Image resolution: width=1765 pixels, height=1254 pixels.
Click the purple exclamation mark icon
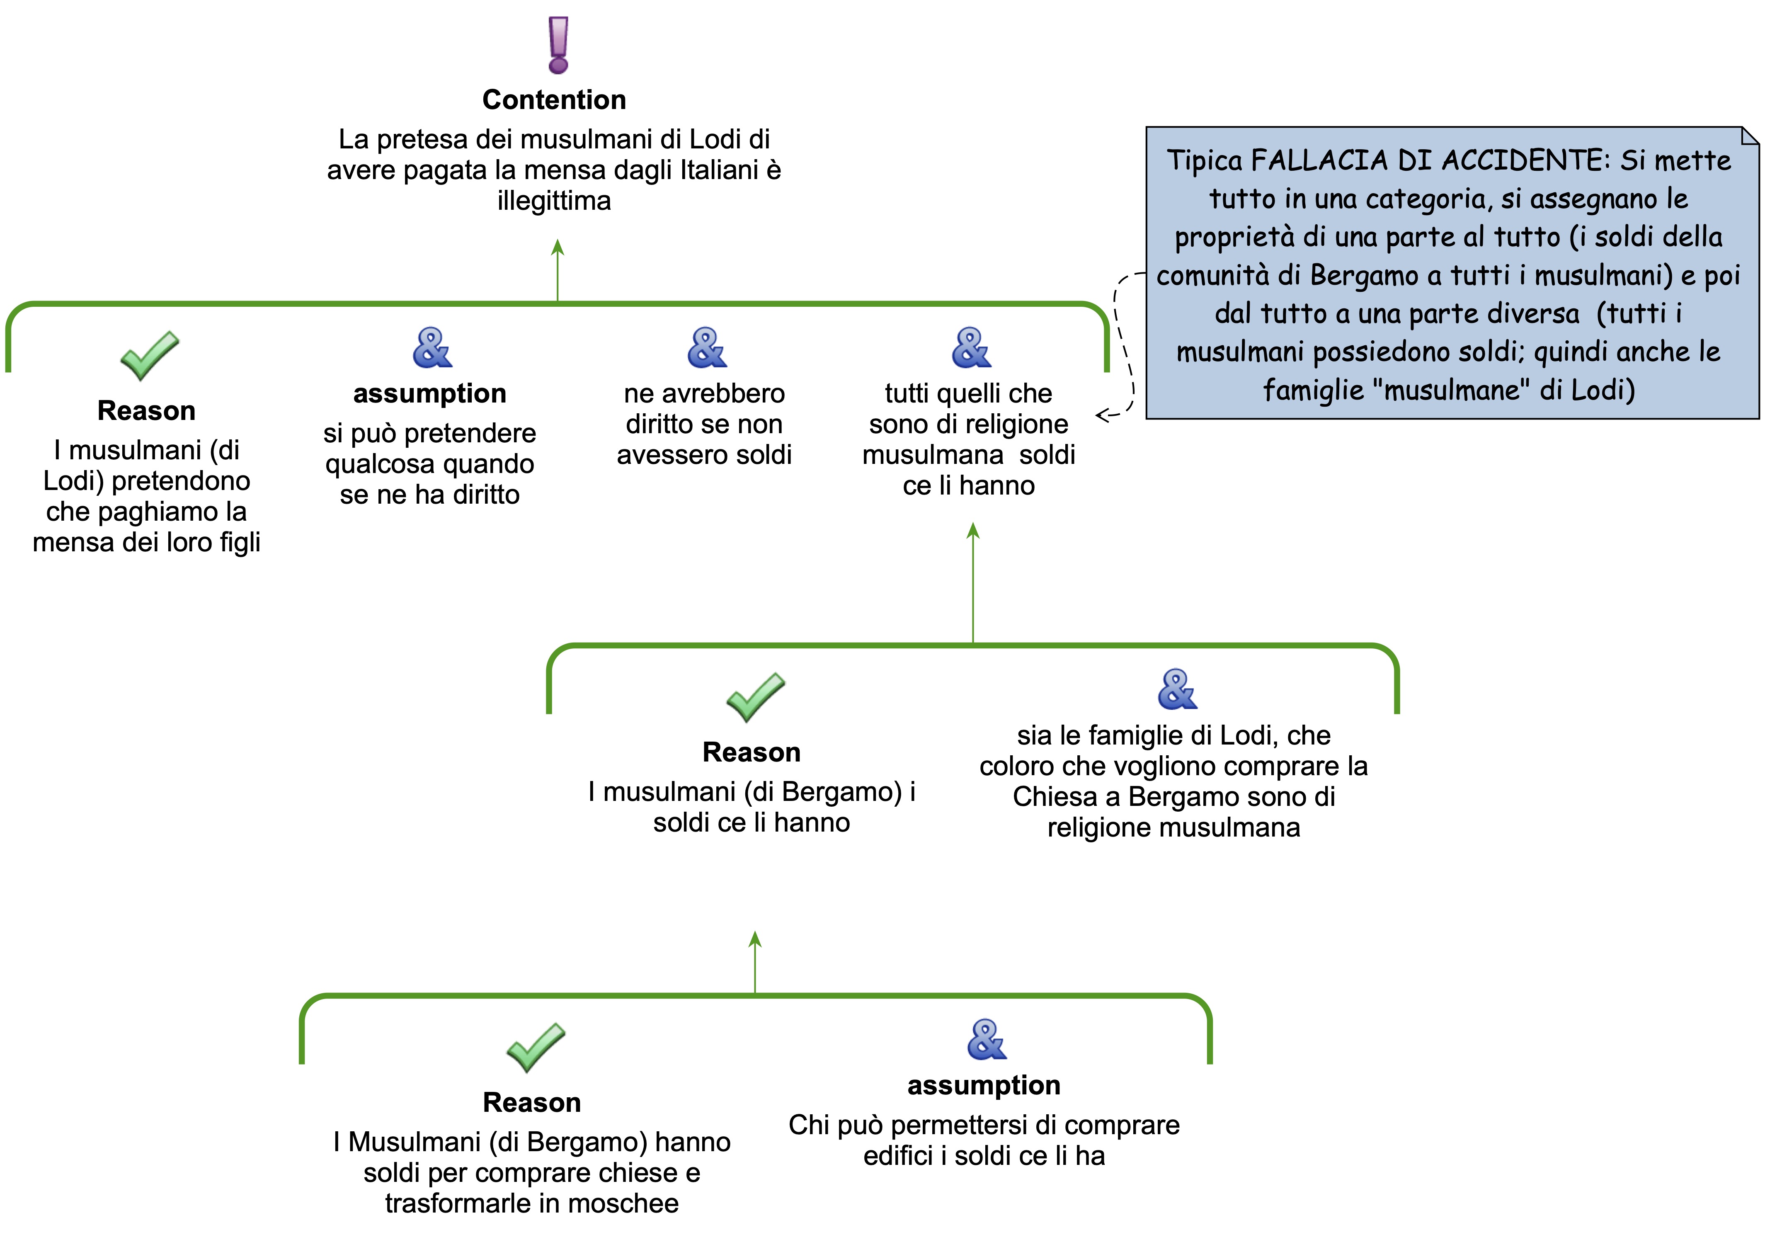coord(558,45)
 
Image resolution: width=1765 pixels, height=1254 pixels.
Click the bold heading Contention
coord(554,99)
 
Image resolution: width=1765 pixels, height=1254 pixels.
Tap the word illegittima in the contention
coord(554,201)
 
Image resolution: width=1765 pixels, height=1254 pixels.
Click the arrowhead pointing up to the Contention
coord(558,247)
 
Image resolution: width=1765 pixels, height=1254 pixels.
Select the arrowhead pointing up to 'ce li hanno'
coord(973,531)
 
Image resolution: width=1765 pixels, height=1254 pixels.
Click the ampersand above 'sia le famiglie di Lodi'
coord(1177,689)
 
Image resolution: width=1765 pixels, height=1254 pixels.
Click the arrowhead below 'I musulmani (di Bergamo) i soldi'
coord(755,939)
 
